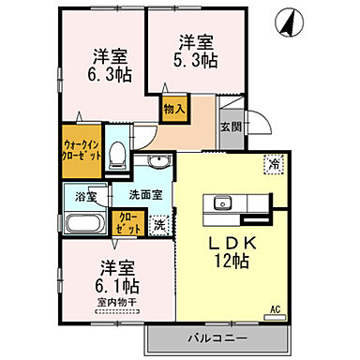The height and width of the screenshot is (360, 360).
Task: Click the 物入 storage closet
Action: [x=173, y=108]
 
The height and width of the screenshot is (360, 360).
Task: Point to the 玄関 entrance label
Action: [x=232, y=127]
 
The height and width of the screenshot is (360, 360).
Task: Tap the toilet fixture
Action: [x=117, y=155]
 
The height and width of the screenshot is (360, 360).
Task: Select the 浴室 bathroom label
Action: [x=84, y=198]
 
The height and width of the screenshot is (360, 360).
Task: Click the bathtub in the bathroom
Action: [x=85, y=225]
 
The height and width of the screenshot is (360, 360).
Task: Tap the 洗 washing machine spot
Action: [x=158, y=224]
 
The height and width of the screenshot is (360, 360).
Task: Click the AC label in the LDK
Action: [x=275, y=307]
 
